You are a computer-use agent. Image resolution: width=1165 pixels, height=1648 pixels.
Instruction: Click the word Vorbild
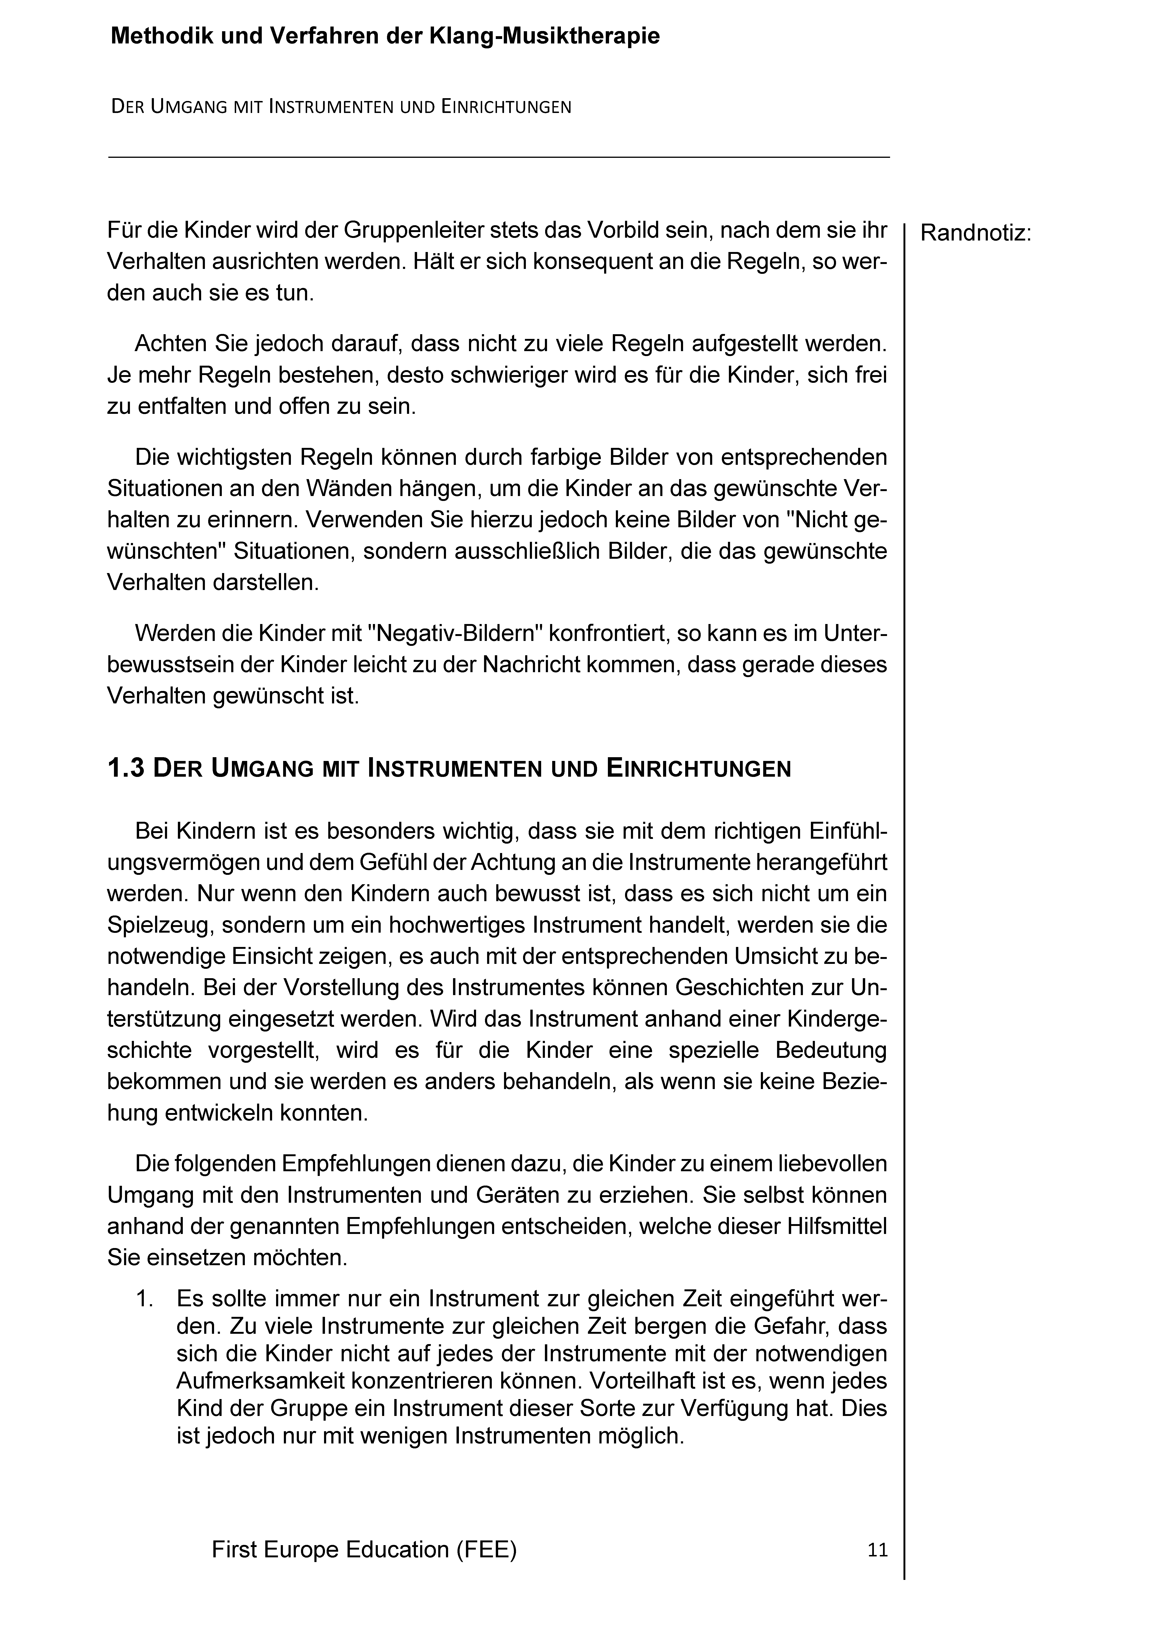click(x=628, y=230)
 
